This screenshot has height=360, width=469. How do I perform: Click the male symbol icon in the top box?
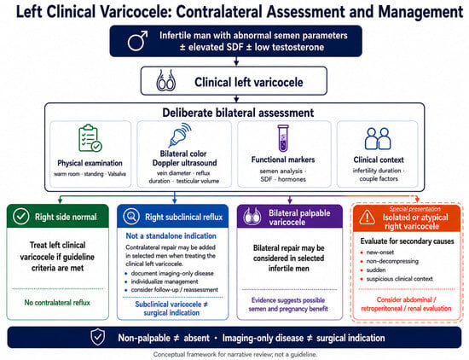[x=137, y=41]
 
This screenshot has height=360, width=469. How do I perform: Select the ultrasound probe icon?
[x=180, y=135]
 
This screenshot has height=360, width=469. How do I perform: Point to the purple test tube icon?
[x=283, y=138]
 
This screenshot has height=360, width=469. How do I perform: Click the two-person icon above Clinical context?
[x=378, y=138]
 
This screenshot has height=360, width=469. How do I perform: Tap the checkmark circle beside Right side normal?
[x=21, y=217]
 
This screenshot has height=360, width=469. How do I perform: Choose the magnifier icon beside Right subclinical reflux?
[x=131, y=217]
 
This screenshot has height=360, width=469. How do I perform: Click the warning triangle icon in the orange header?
[x=367, y=217]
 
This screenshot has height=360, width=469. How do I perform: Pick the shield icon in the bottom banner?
[x=98, y=337]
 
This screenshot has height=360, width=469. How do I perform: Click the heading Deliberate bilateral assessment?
[x=238, y=113]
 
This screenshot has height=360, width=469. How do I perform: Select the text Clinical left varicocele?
[x=249, y=82]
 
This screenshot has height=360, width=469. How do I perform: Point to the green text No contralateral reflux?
[x=57, y=303]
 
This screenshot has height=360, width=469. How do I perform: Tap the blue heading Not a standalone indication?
[x=171, y=235]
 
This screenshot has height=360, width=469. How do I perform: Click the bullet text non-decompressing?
[x=392, y=261]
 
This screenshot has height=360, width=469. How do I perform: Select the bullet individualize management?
[x=165, y=282]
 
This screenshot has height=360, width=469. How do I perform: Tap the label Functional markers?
[x=283, y=160]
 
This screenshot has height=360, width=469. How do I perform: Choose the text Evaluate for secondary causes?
[x=407, y=241]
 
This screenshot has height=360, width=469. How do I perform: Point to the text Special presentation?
[x=415, y=209]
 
